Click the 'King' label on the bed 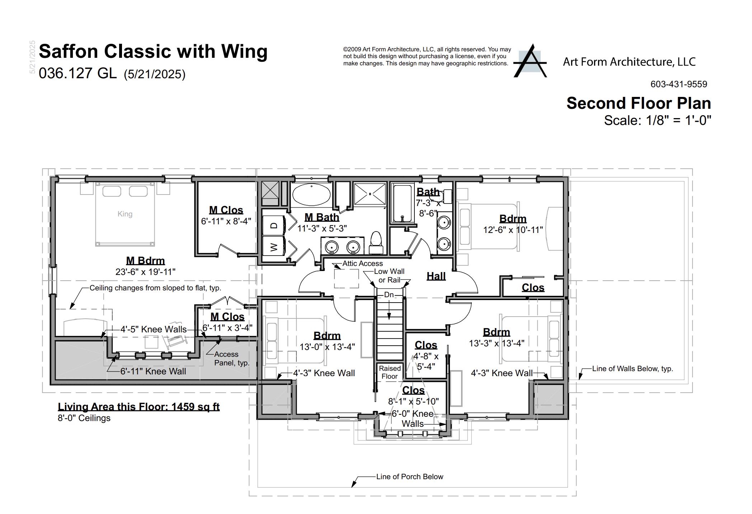point(125,214)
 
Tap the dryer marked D point(274,225)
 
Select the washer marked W point(274,247)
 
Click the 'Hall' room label point(436,276)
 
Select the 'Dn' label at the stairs point(389,295)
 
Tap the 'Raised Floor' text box point(390,372)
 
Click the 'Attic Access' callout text point(362,263)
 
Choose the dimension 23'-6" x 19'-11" point(145,272)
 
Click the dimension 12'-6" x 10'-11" point(513,230)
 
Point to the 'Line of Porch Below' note point(409,477)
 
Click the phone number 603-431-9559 point(678,84)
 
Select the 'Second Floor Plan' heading point(638,103)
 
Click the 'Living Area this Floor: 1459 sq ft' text point(138,407)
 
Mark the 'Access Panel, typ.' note point(231,359)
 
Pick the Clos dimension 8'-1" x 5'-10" point(413,401)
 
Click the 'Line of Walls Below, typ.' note point(632,369)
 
